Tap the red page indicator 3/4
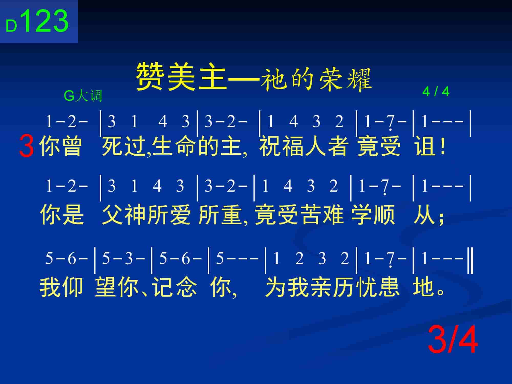[453, 340]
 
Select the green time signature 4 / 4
[436, 91]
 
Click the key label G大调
[83, 96]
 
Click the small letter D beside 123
[11, 26]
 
